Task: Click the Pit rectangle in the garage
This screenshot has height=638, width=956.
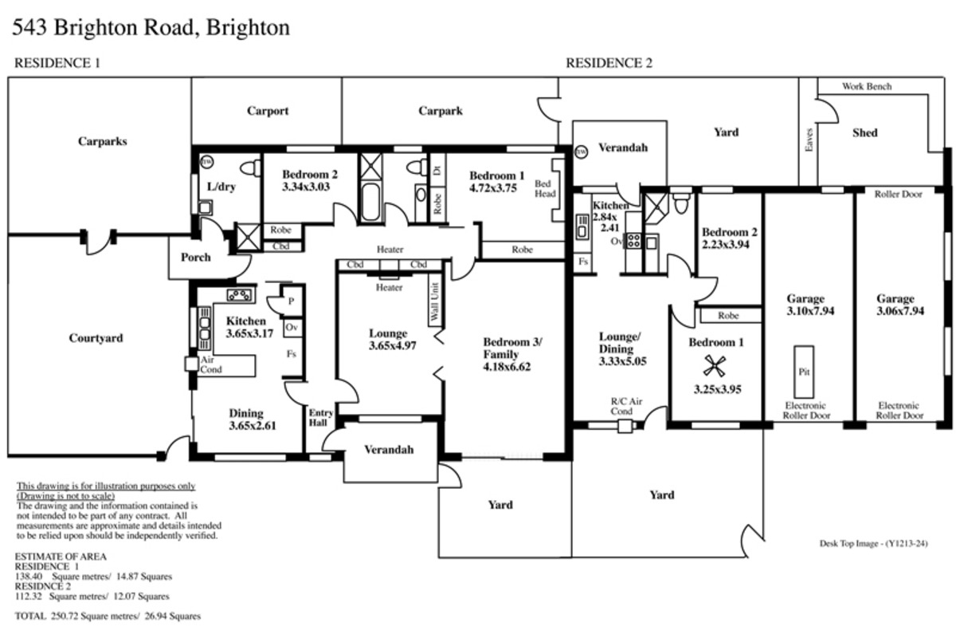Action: coord(804,372)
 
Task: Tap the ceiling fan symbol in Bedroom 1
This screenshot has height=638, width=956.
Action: coord(715,366)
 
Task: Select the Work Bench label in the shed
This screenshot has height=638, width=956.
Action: coord(867,86)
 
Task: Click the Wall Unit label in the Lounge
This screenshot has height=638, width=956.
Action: coord(435,301)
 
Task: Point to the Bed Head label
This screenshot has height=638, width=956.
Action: coord(545,188)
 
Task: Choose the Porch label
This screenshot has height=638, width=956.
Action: coord(195,258)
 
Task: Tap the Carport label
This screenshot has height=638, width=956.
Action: coord(268,111)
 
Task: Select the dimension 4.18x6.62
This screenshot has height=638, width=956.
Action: coord(507,367)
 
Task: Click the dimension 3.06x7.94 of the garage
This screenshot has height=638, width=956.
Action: coord(900,311)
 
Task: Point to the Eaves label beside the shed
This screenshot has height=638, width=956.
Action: coord(809,140)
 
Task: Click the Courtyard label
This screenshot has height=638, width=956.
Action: coord(96,338)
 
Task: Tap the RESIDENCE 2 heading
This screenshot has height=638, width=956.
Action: coord(609,63)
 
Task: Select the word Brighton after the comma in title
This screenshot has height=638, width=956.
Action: coord(248,28)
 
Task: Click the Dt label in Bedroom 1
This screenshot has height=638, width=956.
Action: coord(437,170)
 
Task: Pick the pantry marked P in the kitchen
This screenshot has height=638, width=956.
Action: coord(292,301)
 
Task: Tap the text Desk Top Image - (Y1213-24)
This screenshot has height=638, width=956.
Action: coord(873,544)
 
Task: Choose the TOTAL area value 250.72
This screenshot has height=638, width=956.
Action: coord(65,616)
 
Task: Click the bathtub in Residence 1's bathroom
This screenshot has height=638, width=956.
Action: coord(370,203)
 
